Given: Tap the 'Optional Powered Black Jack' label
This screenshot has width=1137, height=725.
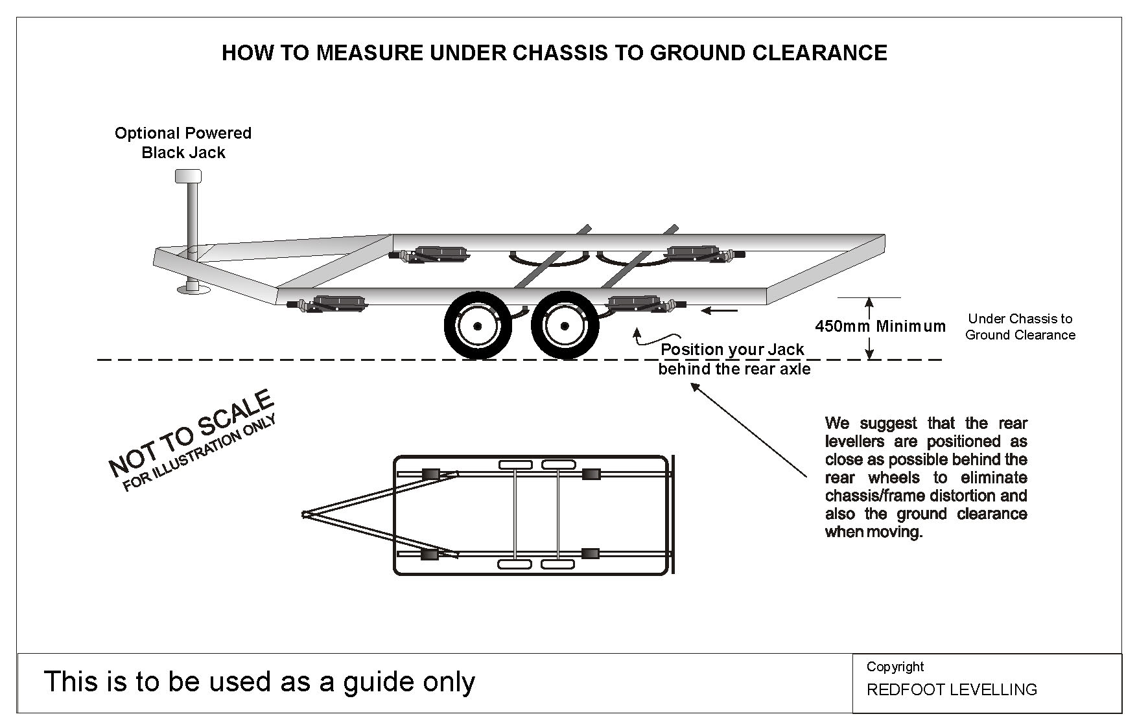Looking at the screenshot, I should click(183, 143).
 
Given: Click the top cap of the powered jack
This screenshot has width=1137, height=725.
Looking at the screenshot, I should click(188, 176).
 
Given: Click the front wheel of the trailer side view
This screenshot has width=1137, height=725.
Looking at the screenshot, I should click(477, 326).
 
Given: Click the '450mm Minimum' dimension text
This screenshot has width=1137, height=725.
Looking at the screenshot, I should click(880, 326).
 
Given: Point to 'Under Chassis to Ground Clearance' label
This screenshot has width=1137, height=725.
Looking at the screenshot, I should click(1020, 327).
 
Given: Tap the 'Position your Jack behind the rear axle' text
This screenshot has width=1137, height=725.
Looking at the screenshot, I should click(734, 359).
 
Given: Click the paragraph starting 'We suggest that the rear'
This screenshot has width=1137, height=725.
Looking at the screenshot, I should click(926, 478).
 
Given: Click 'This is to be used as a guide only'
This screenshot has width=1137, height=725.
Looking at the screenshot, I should click(259, 682).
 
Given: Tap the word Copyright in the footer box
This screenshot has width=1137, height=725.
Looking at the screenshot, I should click(895, 667).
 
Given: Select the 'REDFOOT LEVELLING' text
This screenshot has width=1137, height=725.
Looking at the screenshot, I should click(951, 689).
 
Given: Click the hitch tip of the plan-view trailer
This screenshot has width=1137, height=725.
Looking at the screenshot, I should click(305, 514).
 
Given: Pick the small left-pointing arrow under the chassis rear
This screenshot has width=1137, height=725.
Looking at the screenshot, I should click(719, 312).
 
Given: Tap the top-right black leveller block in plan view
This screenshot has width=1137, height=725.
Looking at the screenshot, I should click(591, 474).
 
